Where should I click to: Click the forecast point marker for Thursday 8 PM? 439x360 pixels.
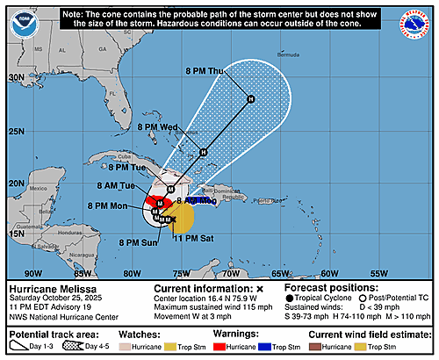click(x=250, y=98)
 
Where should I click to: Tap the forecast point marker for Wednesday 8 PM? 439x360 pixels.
click(x=203, y=152)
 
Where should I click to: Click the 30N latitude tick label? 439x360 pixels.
click(x=16, y=77)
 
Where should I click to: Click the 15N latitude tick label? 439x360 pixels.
click(x=16, y=233)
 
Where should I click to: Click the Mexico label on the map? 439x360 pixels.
click(x=40, y=188)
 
